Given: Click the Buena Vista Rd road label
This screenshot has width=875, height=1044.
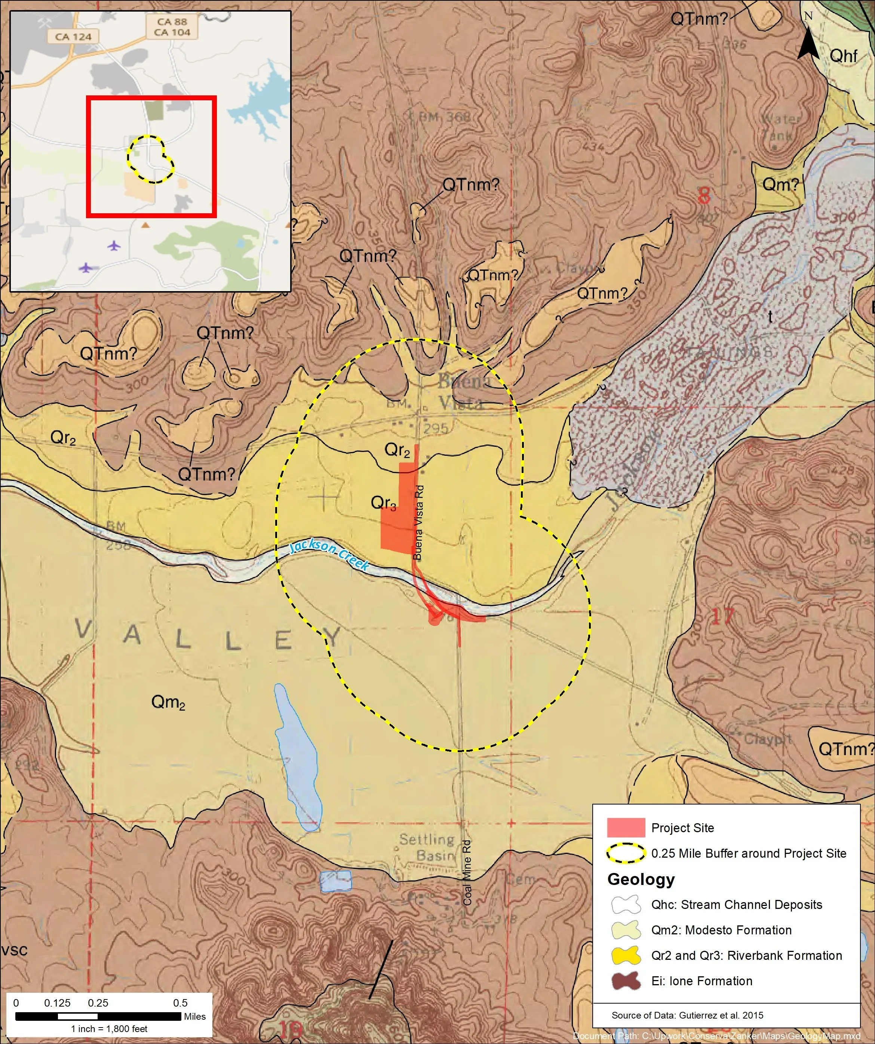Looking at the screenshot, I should pyautogui.click(x=418, y=522).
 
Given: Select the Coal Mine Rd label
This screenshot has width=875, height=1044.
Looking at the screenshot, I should pyautogui.click(x=467, y=873).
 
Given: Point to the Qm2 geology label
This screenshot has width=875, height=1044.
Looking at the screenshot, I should pyautogui.click(x=168, y=702).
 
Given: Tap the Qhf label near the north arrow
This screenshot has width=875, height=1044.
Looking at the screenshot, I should pyautogui.click(x=843, y=56).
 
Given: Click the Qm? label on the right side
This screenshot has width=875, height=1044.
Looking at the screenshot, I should pyautogui.click(x=780, y=184).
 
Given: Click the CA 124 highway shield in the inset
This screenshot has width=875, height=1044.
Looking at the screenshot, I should pyautogui.click(x=74, y=36).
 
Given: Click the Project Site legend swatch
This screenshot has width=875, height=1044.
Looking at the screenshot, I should pyautogui.click(x=626, y=828).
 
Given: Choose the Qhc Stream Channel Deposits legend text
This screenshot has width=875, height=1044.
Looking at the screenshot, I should pyautogui.click(x=736, y=904).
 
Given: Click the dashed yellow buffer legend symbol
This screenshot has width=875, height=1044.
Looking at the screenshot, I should pyautogui.click(x=626, y=853).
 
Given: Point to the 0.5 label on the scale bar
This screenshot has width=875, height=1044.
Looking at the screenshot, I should pyautogui.click(x=180, y=1003).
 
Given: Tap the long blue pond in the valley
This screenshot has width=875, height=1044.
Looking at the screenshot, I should pyautogui.click(x=298, y=755).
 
